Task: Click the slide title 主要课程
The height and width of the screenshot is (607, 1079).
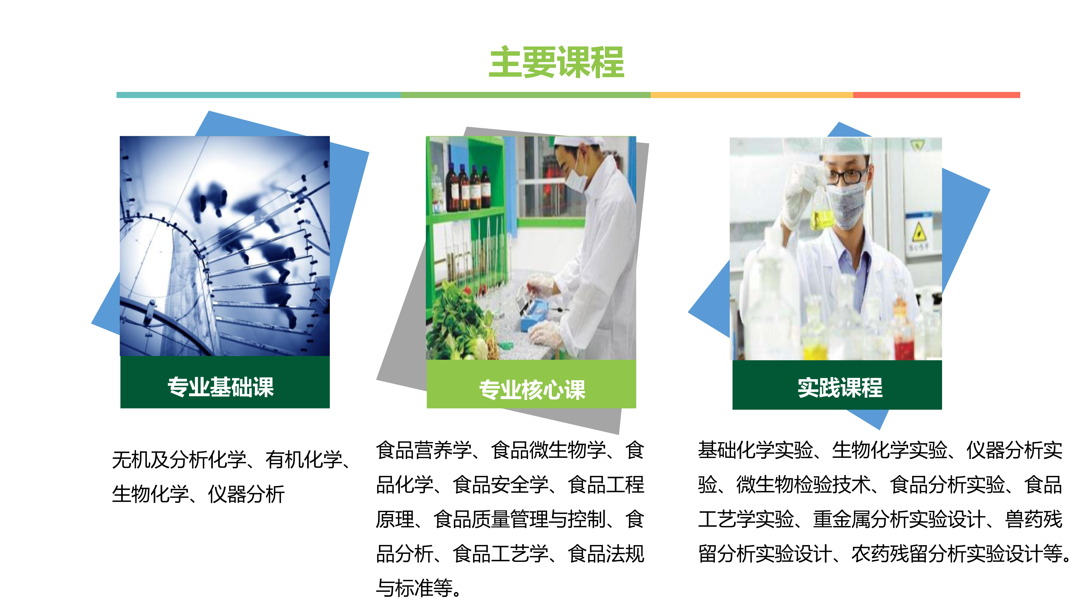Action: [557, 63]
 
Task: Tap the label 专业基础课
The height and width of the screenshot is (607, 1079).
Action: [221, 387]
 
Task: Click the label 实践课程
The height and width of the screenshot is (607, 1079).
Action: [840, 387]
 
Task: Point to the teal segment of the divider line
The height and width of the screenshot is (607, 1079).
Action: [258, 95]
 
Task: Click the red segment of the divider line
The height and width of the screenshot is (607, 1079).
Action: [937, 95]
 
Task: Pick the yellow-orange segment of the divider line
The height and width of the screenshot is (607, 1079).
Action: [752, 95]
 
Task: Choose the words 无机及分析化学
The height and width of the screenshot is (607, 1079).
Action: [179, 460]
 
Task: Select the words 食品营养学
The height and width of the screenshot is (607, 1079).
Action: [424, 450]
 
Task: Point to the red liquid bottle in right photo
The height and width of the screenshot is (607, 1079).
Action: [904, 335]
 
